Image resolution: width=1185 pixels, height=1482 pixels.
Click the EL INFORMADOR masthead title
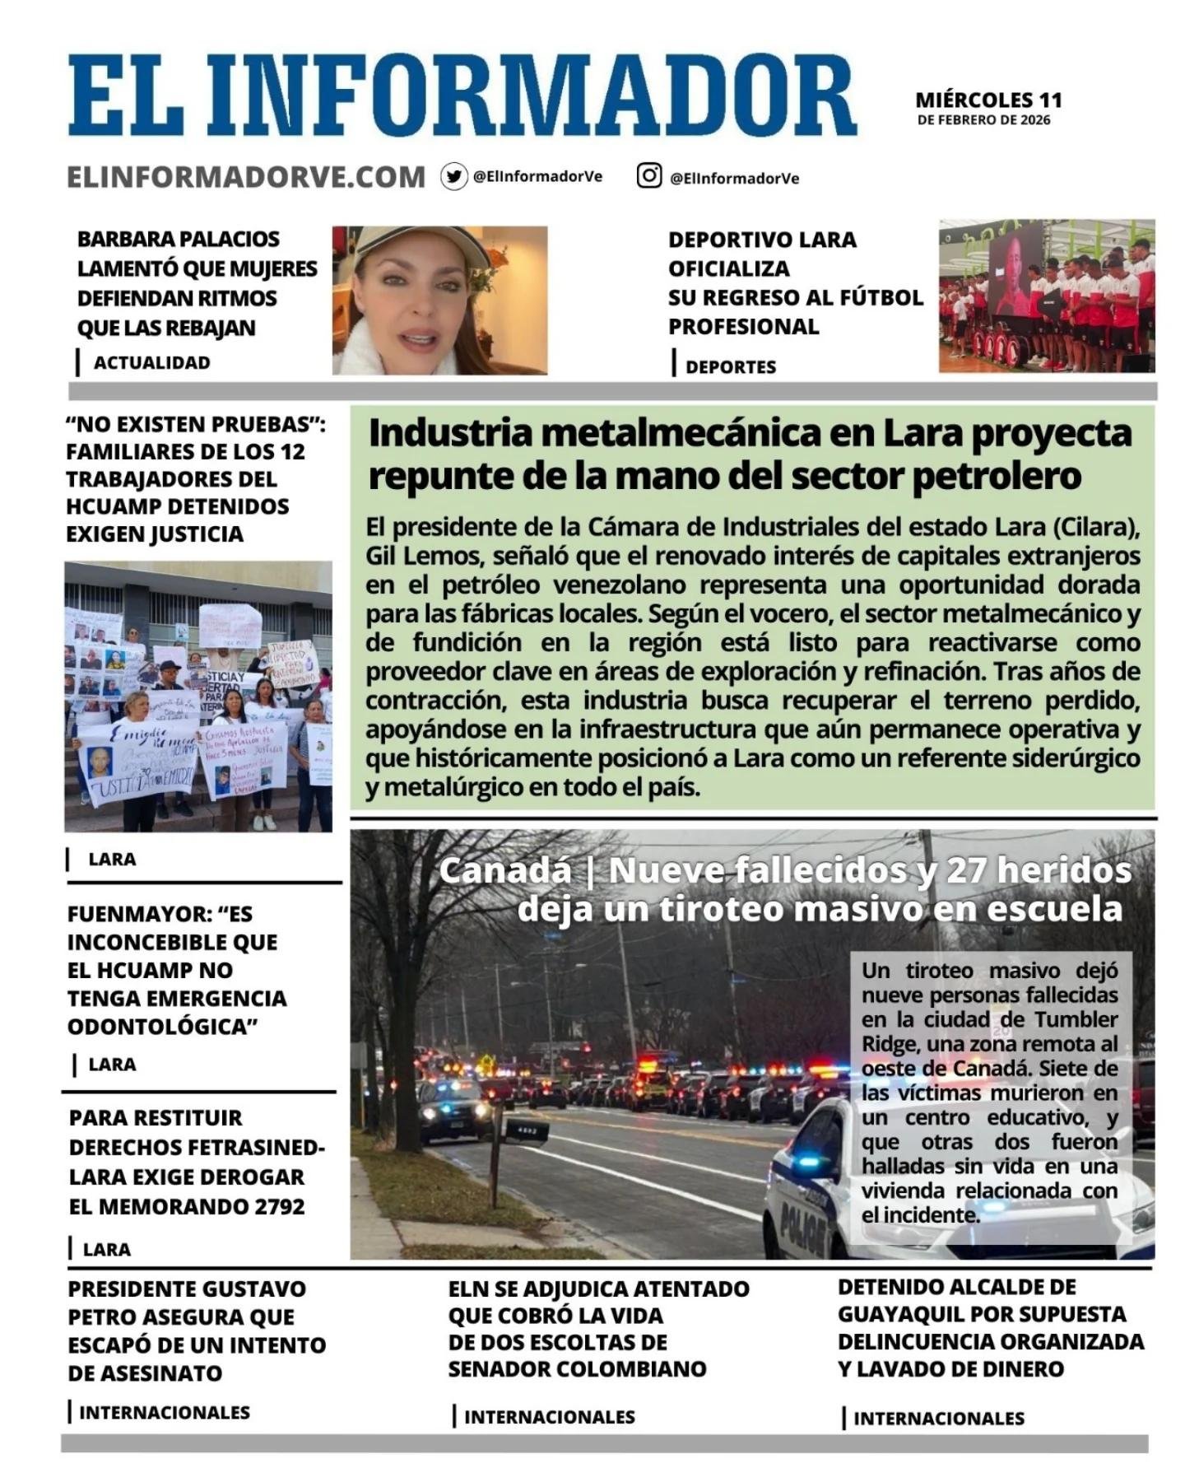click(461, 96)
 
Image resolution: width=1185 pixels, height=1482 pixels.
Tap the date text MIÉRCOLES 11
click(988, 100)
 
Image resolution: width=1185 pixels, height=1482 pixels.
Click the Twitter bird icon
click(453, 176)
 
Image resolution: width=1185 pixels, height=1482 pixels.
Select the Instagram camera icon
click(649, 175)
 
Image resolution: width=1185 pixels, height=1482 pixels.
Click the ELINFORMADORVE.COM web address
click(246, 177)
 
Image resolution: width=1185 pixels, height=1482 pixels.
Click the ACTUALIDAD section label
click(151, 362)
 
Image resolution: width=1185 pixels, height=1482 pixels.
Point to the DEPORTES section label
click(730, 366)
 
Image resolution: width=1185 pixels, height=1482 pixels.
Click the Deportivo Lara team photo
click(1047, 295)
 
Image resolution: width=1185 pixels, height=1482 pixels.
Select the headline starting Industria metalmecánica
click(749, 454)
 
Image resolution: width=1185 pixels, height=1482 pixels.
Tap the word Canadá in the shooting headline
click(504, 870)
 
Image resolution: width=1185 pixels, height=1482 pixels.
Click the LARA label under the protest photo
click(112, 859)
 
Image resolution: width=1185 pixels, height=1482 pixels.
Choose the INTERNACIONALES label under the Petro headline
click(164, 1412)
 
